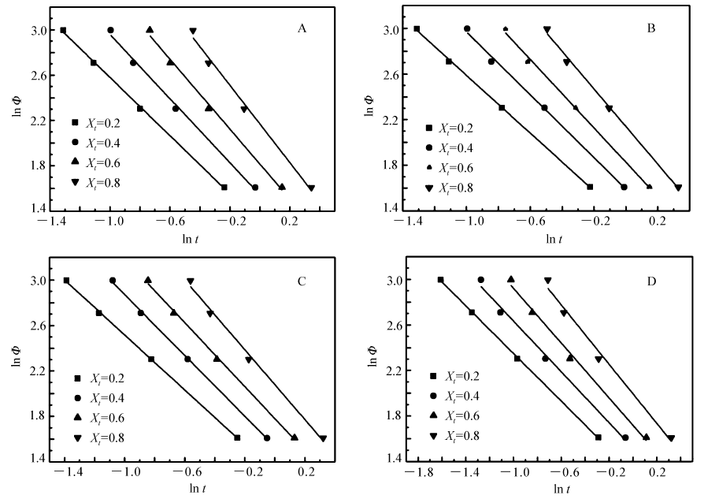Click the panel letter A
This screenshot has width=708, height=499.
tap(302, 29)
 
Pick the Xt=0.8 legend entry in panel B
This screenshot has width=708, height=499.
tap(450, 188)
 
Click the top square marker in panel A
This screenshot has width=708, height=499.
tap(63, 31)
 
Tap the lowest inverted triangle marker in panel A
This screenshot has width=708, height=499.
tap(311, 188)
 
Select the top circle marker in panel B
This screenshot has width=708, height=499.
tap(467, 28)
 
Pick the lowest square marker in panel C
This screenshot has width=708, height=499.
tap(237, 438)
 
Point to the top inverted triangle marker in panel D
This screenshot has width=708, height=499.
tap(548, 280)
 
